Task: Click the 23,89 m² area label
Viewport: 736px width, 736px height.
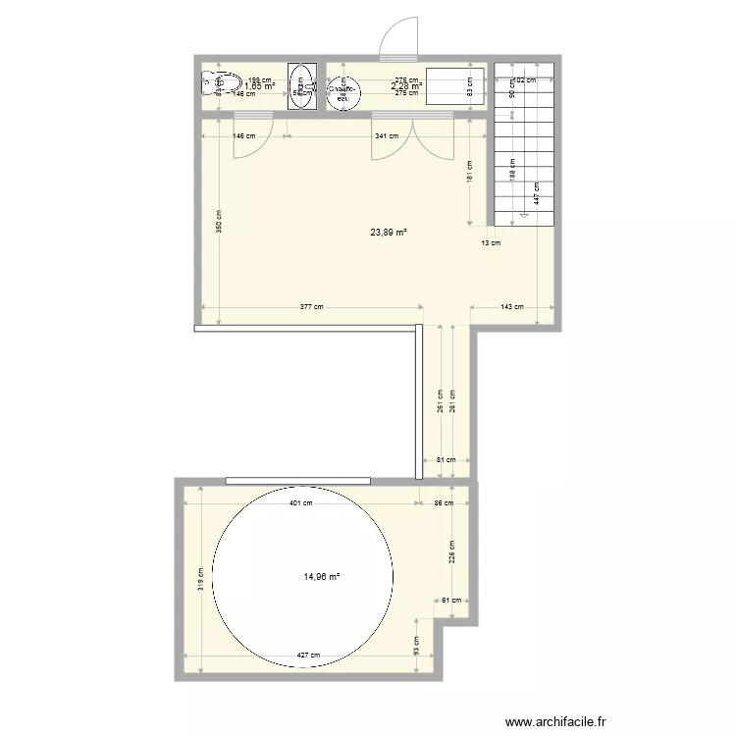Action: pyautogui.click(x=389, y=233)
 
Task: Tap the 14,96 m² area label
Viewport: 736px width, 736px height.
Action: pyautogui.click(x=322, y=577)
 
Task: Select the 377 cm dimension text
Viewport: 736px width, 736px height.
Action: pyautogui.click(x=312, y=307)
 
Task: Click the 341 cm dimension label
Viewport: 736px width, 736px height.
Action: pyautogui.click(x=386, y=136)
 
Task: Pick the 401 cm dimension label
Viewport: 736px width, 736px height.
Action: pyautogui.click(x=301, y=503)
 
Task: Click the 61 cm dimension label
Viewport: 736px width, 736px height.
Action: pyautogui.click(x=451, y=600)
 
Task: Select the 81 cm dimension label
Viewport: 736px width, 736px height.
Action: pyautogui.click(x=445, y=460)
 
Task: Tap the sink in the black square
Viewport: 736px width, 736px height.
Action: pyautogui.click(x=301, y=86)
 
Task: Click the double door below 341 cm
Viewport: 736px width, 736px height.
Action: pyautogui.click(x=412, y=134)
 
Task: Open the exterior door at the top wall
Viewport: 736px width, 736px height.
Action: pyautogui.click(x=397, y=39)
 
